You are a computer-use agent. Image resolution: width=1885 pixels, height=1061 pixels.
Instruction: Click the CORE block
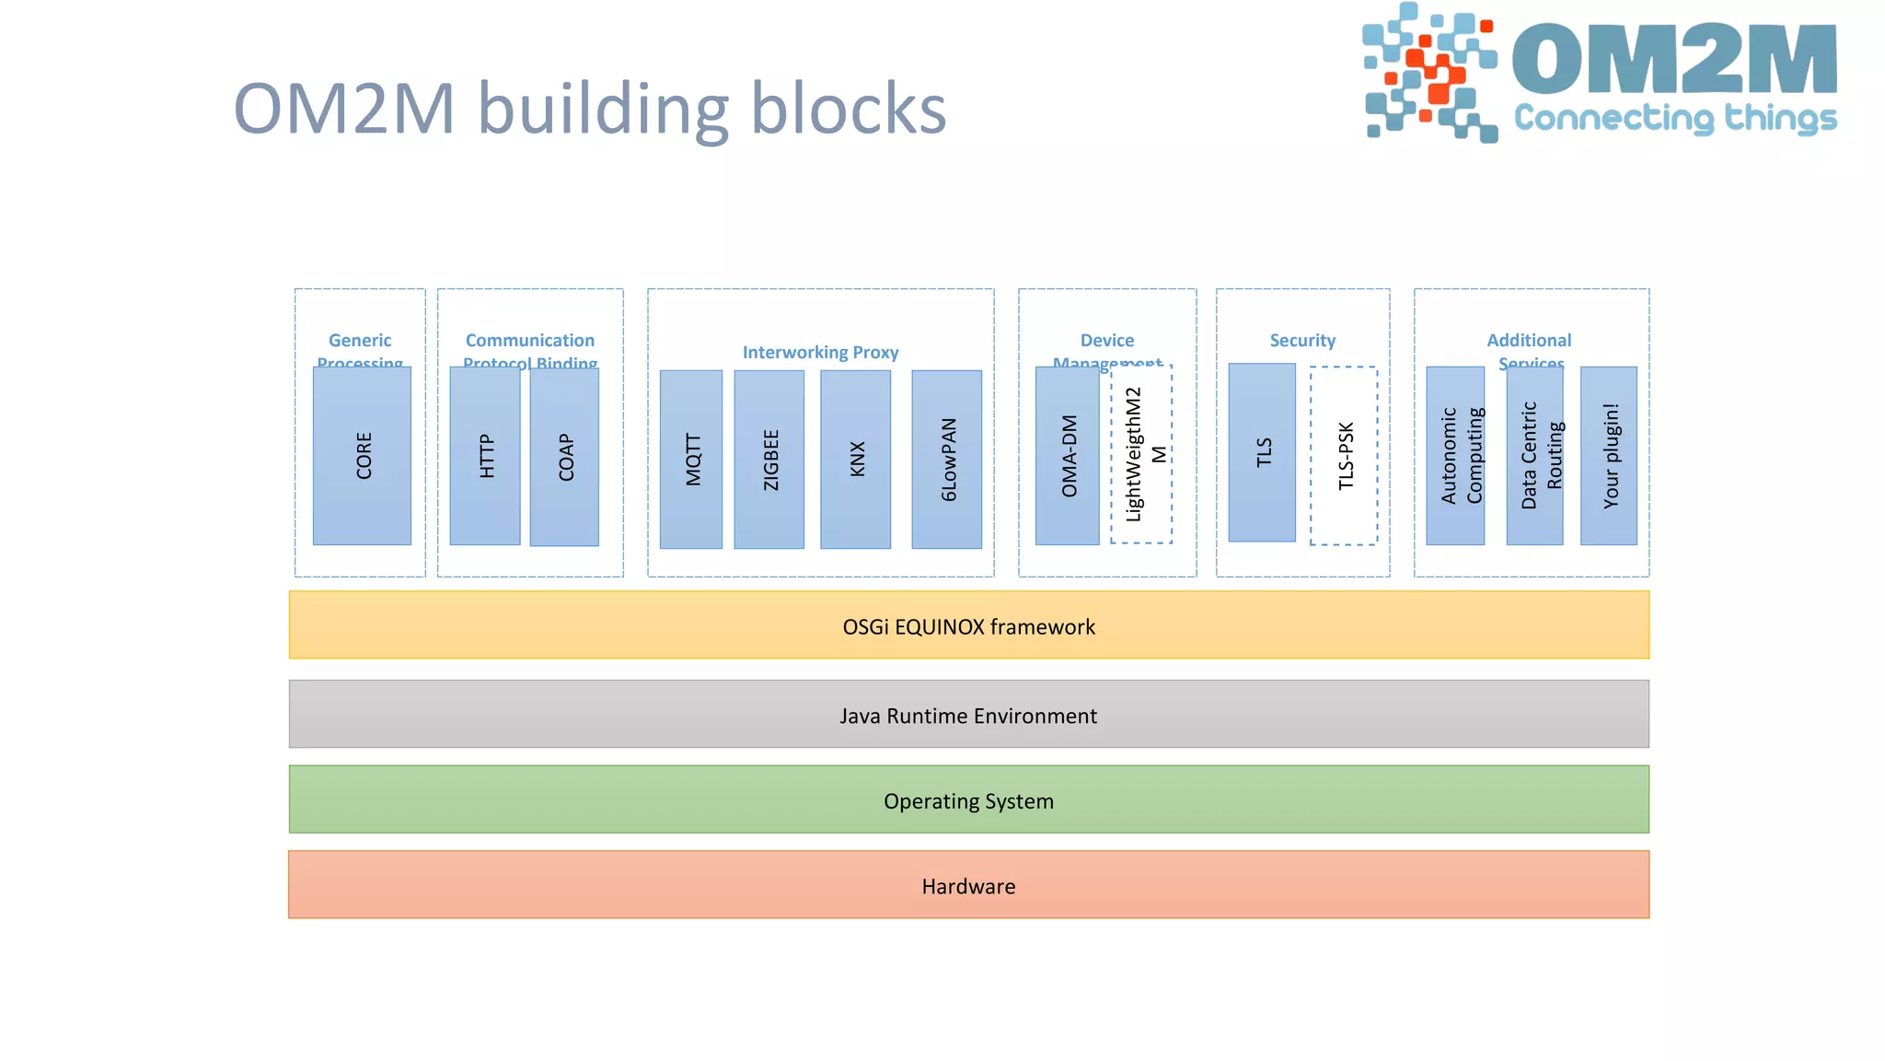click(362, 456)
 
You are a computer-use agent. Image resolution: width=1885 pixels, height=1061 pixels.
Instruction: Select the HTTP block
click(485, 456)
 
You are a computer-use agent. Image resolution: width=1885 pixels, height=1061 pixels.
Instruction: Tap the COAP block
click(564, 457)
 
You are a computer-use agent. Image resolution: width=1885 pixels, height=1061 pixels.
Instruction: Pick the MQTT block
click(691, 460)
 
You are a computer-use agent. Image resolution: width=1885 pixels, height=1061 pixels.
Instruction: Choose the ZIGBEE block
click(769, 460)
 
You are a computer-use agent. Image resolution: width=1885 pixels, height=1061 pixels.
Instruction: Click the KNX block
click(855, 460)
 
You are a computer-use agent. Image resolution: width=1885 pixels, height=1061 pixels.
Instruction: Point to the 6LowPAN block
click(946, 460)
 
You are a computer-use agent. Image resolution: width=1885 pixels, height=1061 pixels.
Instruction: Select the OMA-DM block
click(1067, 456)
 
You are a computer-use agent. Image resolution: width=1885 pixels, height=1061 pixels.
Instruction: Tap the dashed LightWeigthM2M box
click(1141, 454)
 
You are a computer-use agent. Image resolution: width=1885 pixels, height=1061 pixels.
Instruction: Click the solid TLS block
click(1262, 452)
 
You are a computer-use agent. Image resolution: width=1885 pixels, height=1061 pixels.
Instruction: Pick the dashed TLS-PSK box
click(1344, 456)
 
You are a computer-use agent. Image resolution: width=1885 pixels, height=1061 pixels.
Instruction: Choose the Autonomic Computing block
click(1455, 456)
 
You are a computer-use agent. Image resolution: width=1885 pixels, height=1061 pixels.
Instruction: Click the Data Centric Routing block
click(1534, 456)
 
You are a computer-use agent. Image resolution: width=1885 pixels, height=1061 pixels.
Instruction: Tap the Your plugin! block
click(1609, 456)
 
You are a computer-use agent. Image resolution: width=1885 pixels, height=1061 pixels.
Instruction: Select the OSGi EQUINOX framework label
click(968, 627)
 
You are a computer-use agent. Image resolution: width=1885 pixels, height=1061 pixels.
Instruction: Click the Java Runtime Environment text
click(968, 716)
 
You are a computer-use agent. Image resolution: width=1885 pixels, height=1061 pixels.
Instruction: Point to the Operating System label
click(968, 801)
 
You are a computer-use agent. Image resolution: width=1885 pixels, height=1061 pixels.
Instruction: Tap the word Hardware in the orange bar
click(968, 887)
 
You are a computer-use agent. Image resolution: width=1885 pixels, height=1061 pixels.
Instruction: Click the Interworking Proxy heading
click(820, 353)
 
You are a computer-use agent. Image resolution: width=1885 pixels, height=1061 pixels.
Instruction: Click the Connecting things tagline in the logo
click(1675, 119)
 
